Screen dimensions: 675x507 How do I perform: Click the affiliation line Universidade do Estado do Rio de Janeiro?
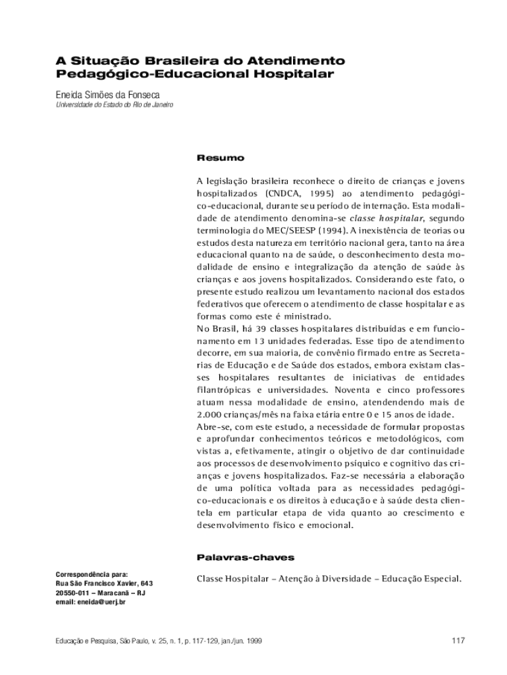(x=114, y=105)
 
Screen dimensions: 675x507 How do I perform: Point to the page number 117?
(x=459, y=640)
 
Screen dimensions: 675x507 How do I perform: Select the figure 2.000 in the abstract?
(x=211, y=414)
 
